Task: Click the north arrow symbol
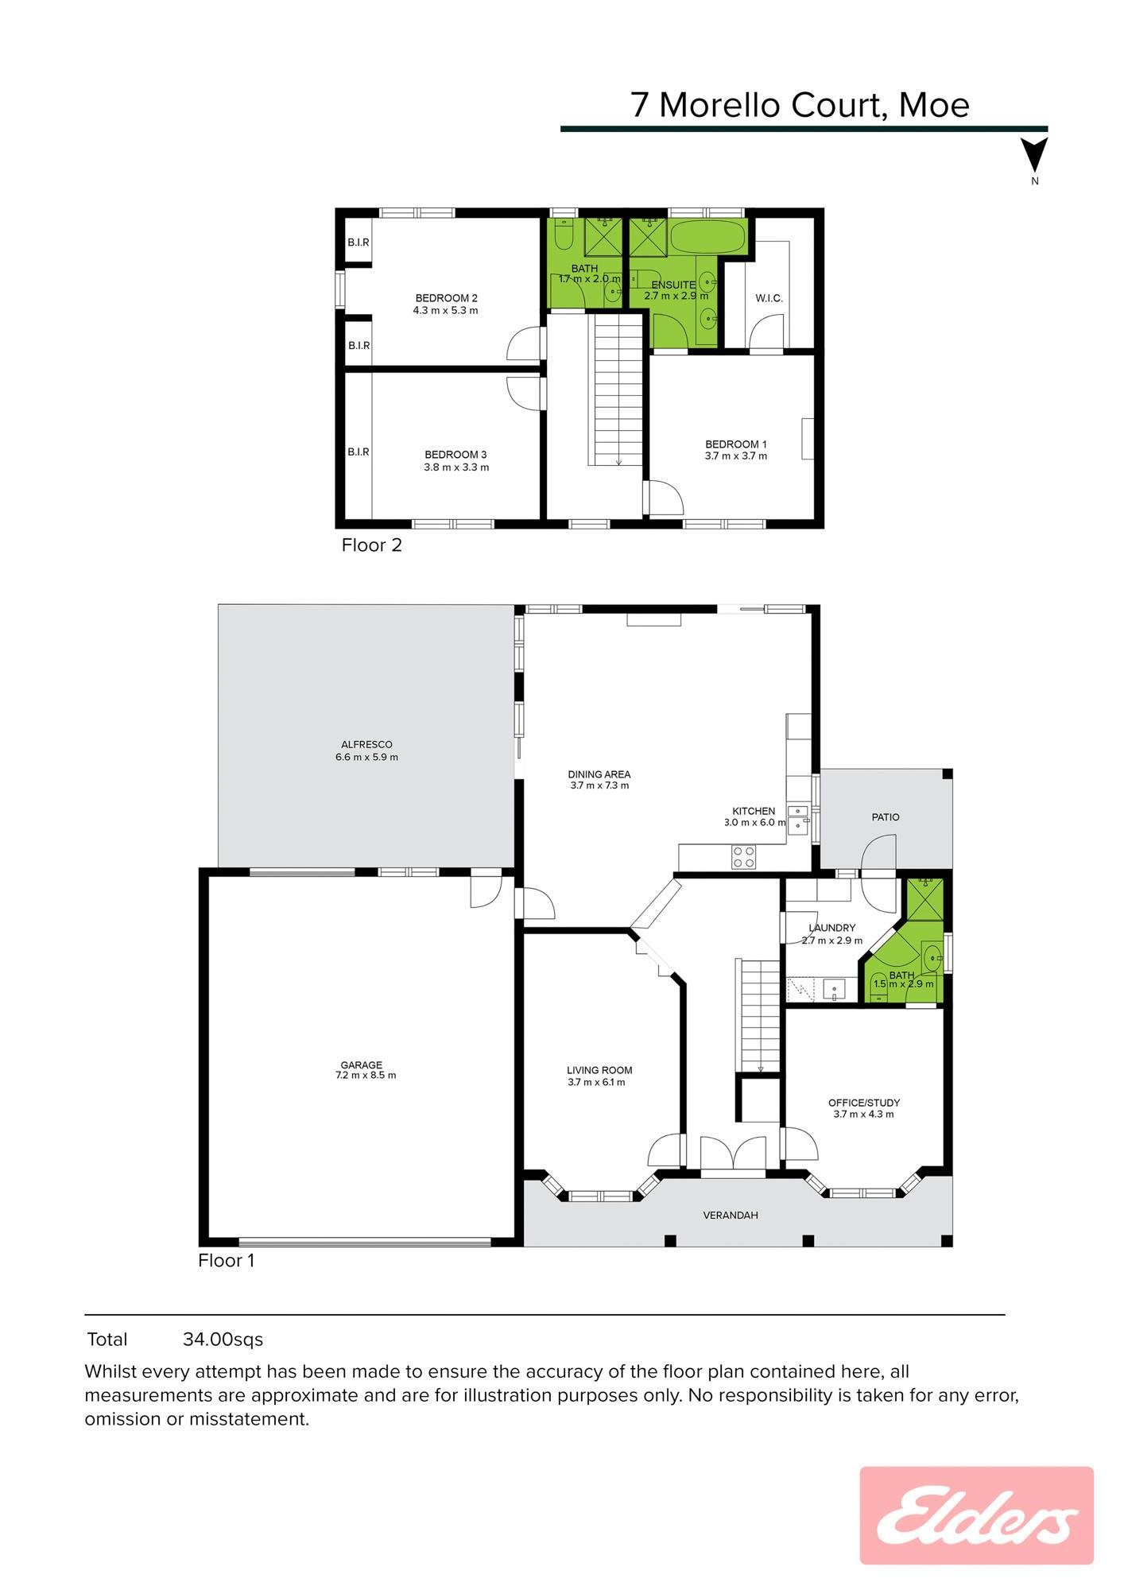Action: (1034, 155)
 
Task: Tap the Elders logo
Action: (977, 1516)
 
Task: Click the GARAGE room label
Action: (362, 1065)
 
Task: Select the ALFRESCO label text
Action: (366, 745)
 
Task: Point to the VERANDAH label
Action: (731, 1216)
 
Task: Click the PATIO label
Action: (886, 817)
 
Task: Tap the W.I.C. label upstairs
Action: (769, 298)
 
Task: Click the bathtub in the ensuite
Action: (707, 235)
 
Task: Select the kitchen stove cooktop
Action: (743, 856)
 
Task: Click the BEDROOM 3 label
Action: (455, 455)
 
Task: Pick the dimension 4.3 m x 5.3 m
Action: (445, 310)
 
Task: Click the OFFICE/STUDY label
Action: (864, 1103)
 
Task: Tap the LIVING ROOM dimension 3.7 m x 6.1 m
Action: (596, 1082)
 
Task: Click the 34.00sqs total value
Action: (223, 1340)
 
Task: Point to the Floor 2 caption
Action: (371, 545)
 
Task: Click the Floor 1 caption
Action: (227, 1261)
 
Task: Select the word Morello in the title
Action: (721, 105)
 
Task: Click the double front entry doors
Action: (732, 1154)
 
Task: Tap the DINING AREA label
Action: (599, 774)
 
